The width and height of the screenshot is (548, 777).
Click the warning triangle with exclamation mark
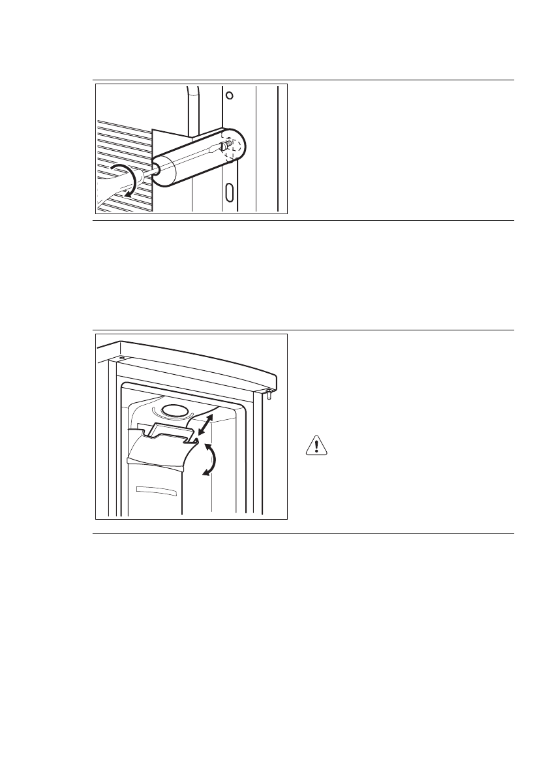coord(316,446)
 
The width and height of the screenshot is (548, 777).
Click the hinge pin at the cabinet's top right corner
coord(269,394)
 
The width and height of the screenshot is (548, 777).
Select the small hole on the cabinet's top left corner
coord(122,358)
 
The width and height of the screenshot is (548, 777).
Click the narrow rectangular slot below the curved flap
coord(155,491)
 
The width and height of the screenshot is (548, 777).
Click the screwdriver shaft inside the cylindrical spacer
coord(189,163)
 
